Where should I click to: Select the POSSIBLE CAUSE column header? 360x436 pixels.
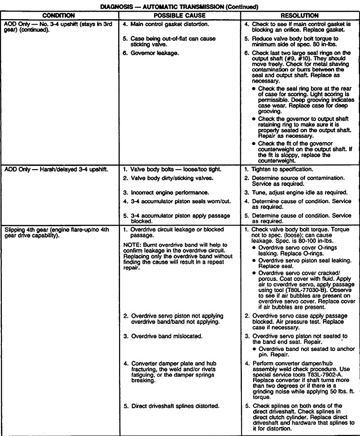pos(180,15)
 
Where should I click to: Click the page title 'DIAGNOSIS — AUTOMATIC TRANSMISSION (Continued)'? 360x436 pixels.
pos(180,5)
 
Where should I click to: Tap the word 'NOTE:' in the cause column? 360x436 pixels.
pos(132,245)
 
